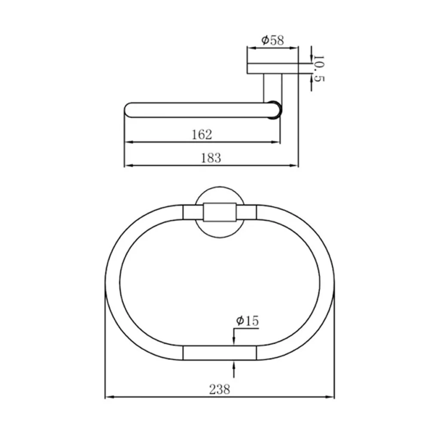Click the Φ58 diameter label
pyautogui.click(x=272, y=40)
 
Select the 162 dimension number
pyautogui.click(x=202, y=134)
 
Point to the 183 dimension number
pyautogui.click(x=211, y=158)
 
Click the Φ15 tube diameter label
pyautogui.click(x=247, y=321)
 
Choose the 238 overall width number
pyautogui.click(x=220, y=389)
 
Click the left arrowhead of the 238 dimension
pyautogui.click(x=109, y=397)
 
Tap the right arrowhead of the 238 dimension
pyautogui.click(x=330, y=397)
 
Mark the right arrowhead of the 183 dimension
pyautogui.click(x=294, y=165)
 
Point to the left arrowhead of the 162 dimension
pyautogui.click(x=128, y=142)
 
